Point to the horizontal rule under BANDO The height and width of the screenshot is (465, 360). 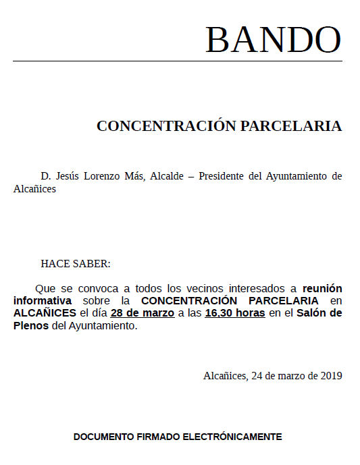177,61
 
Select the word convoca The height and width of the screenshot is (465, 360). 99,288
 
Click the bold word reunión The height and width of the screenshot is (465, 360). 322,288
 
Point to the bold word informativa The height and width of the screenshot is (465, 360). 43,300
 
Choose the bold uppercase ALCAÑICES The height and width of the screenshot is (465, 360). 45,313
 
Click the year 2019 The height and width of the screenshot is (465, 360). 330,376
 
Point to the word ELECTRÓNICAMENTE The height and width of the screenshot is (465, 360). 232,437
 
